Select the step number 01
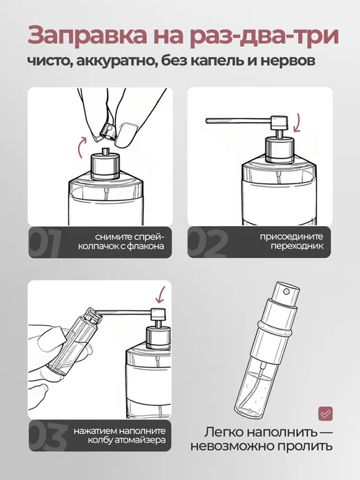tap(45, 243)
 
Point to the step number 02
tap(208, 243)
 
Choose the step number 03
tap(47, 436)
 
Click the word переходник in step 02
tap(297, 246)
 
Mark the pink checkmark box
tap(325, 414)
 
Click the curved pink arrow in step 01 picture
tap(80, 147)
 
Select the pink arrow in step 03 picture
tap(160, 295)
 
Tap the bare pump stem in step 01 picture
tap(105, 151)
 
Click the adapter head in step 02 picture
tap(279, 123)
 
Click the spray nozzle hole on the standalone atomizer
tap(286, 292)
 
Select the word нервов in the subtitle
tap(287, 61)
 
